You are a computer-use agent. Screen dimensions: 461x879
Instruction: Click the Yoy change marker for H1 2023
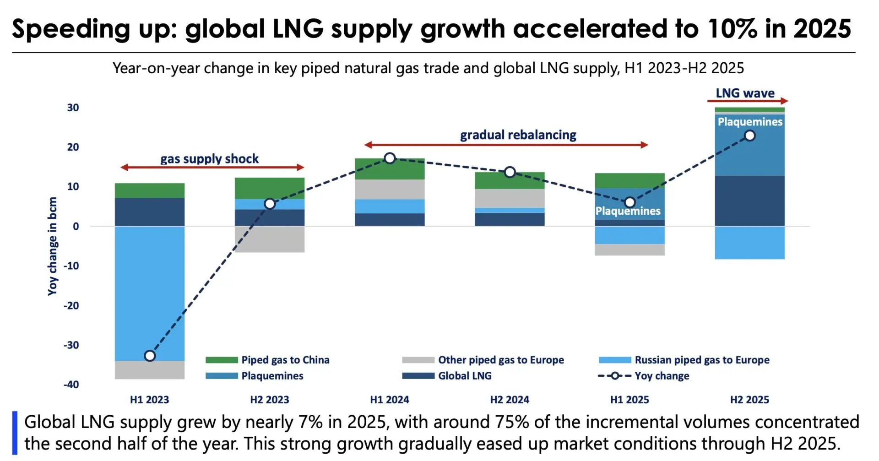(x=150, y=356)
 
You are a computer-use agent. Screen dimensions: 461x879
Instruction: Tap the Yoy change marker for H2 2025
(x=749, y=136)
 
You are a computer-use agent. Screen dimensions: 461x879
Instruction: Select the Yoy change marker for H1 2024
(x=390, y=158)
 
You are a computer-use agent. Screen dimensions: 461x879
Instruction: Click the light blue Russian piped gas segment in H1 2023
(x=150, y=293)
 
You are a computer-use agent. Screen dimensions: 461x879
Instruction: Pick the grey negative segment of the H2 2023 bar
(x=270, y=239)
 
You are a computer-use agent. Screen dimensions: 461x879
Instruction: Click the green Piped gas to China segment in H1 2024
(x=390, y=169)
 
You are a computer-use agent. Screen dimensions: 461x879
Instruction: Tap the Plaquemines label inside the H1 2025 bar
(x=628, y=211)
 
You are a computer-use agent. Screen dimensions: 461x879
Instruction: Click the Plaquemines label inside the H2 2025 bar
(x=749, y=122)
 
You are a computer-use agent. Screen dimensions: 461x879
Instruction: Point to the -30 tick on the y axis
(x=71, y=345)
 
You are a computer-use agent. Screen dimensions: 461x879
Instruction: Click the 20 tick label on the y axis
(x=73, y=147)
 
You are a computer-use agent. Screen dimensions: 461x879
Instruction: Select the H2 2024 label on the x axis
(x=510, y=400)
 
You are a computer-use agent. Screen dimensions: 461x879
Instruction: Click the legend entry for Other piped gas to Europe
(x=501, y=360)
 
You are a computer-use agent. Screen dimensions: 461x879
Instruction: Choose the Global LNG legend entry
(x=464, y=376)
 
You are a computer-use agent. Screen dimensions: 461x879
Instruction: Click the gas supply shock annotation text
(x=209, y=159)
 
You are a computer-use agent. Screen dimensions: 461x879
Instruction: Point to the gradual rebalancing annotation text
(x=518, y=135)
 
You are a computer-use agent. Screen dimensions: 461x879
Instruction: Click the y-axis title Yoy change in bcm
(x=53, y=246)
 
